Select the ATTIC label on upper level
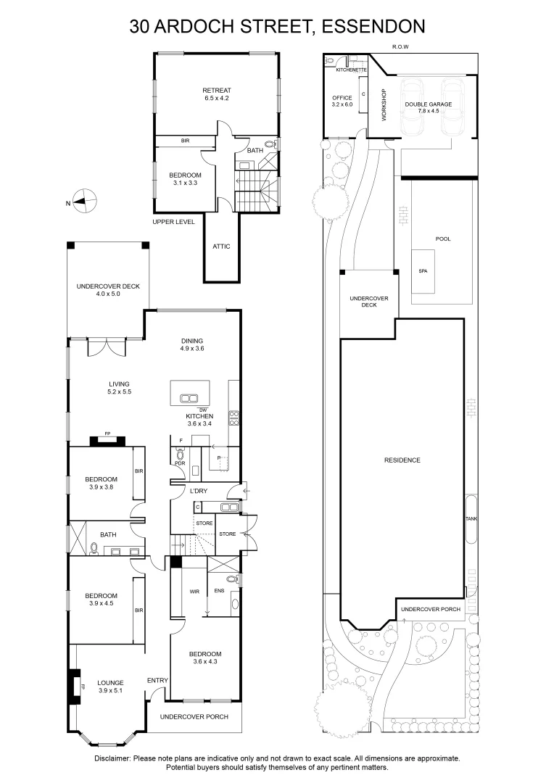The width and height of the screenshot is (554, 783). point(221,246)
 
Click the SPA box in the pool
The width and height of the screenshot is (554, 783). point(423,270)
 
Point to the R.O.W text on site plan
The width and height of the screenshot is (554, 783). point(400,46)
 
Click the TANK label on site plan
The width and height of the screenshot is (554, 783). point(471,519)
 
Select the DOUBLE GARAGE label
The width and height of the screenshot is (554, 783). point(428,104)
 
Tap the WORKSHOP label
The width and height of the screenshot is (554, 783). point(384,105)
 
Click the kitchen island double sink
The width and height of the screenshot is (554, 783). point(190,397)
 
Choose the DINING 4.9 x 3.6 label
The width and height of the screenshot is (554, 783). point(192,344)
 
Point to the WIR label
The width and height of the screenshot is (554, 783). point(194,592)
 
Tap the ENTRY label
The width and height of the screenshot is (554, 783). point(157,680)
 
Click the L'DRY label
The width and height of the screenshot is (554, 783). point(199,492)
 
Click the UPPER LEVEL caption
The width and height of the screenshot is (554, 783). point(173,222)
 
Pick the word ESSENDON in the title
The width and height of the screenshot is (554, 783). point(373,27)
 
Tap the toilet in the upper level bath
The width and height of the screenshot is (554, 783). point(270,145)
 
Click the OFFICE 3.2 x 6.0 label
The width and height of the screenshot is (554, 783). point(342,101)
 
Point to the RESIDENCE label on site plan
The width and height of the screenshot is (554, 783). point(402,460)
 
